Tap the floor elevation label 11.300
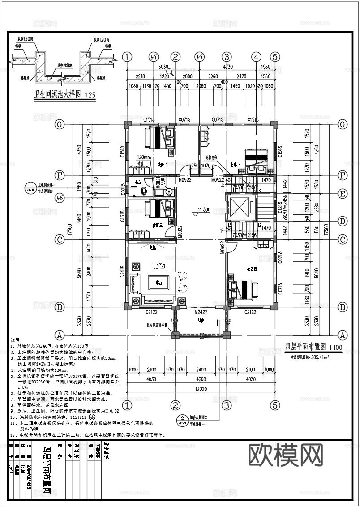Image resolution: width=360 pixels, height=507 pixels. pyautogui.click(x=204, y=209)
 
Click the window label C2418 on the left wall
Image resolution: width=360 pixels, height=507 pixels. pyautogui.click(x=122, y=273)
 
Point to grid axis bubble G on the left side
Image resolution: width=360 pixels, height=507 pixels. pyautogui.click(x=59, y=124)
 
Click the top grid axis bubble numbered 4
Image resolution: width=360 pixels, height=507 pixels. pyautogui.click(x=256, y=57)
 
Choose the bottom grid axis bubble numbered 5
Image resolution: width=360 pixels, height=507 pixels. pyautogui.click(x=275, y=405)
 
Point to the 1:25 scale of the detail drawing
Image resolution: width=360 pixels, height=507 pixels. pyautogui.click(x=88, y=95)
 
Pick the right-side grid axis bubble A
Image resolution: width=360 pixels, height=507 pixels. pyautogui.click(x=343, y=335)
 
